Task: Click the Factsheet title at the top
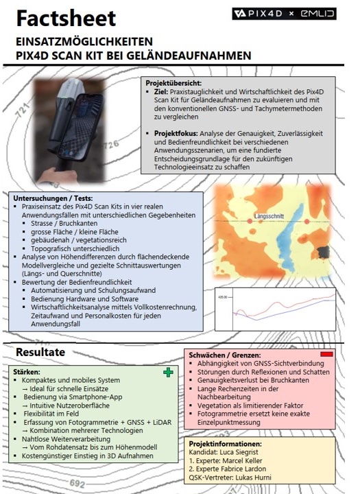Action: (66, 19)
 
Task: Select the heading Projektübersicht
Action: (173, 83)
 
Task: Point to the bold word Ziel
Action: (161, 92)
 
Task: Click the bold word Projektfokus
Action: (176, 133)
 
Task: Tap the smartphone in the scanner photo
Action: (81, 127)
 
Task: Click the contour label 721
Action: (23, 110)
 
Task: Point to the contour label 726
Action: (111, 145)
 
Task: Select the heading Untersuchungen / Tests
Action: (53, 198)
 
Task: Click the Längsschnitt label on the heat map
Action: (269, 216)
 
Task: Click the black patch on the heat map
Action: (323, 252)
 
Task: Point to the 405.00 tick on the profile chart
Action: (222, 297)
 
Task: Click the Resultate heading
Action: (40, 352)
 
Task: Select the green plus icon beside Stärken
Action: (168, 373)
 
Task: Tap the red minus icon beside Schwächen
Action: (326, 354)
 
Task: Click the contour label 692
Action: (77, 483)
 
